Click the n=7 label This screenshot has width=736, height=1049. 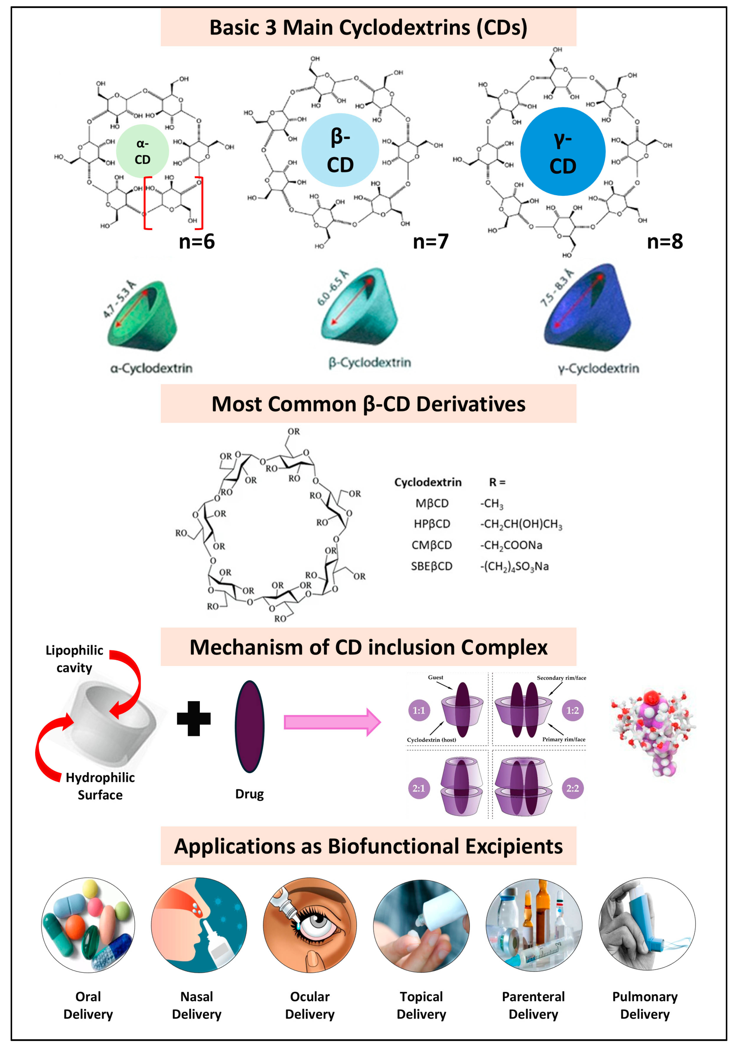431,241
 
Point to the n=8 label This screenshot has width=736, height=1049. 665,241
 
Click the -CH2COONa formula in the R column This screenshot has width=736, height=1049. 511,545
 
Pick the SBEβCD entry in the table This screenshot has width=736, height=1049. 432,566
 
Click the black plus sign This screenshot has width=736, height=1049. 194,719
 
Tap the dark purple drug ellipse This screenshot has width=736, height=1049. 249,726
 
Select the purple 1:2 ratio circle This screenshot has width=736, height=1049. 573,711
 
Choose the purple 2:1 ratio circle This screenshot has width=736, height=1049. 419,788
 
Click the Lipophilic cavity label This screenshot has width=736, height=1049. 74,659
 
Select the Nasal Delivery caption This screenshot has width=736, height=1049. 197,1005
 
